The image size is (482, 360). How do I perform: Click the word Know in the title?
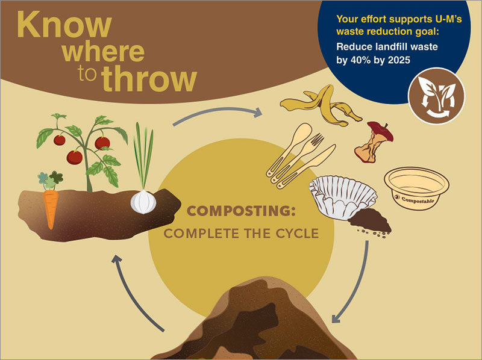tap(64, 25)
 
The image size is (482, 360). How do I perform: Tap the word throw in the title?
tap(149, 78)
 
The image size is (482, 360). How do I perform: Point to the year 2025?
tap(399, 60)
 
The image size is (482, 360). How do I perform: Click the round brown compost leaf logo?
tap(436, 96)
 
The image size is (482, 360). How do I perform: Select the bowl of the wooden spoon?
tap(302, 132)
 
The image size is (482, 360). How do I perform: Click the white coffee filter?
tap(342, 197)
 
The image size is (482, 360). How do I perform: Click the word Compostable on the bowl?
tap(418, 200)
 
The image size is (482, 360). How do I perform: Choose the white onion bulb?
tap(143, 202)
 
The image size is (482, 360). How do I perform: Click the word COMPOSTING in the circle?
tap(241, 211)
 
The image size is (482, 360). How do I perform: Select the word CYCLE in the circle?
tap(297, 234)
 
